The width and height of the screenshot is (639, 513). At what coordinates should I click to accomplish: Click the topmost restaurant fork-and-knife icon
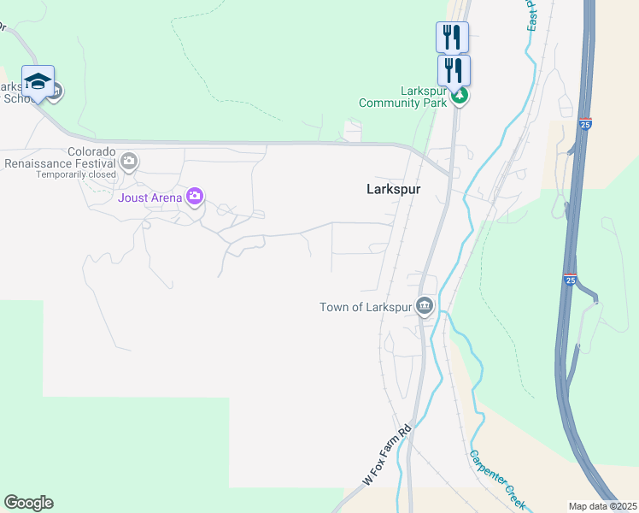point(452,37)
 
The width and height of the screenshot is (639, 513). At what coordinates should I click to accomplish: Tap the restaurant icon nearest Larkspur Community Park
point(454,69)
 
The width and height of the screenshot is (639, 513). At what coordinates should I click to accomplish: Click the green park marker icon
point(460,96)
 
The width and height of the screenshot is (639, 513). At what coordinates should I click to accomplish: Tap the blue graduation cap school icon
point(38,81)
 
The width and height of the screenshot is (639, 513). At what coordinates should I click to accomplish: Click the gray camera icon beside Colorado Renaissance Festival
point(129,161)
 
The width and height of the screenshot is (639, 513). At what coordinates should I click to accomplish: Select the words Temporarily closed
point(75,175)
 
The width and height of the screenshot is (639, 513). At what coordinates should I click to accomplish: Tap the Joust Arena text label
point(149,198)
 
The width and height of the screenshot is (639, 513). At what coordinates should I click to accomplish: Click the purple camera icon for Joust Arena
point(195,198)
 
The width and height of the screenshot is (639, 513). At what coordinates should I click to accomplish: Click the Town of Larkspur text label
point(366,307)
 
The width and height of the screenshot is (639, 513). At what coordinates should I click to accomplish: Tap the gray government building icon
point(425,306)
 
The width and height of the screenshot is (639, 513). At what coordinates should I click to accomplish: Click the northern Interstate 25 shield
point(585,124)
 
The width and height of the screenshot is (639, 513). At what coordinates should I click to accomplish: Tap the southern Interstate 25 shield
point(570,279)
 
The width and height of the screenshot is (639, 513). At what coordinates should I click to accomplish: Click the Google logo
point(28,503)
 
